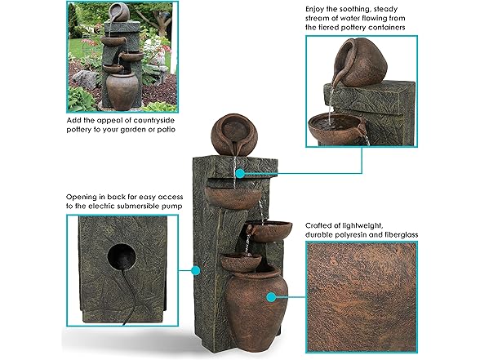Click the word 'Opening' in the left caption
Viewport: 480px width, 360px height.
83,195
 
